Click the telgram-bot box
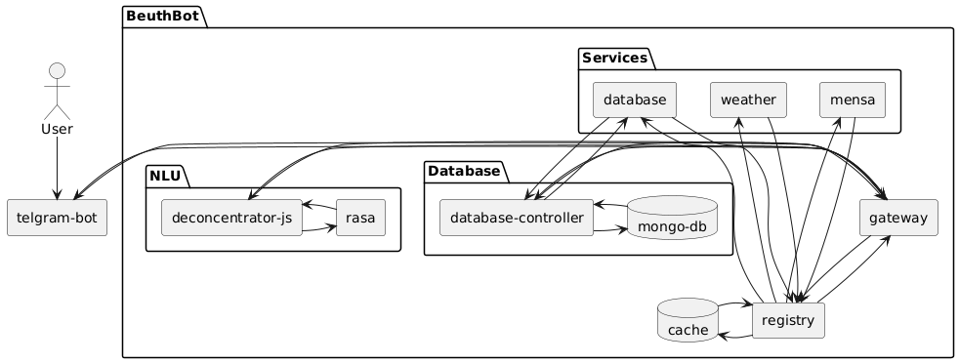[57, 218]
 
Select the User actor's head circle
[57, 71]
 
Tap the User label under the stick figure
[57, 129]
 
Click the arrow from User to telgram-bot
[57, 168]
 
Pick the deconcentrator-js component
[231, 218]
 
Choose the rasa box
[361, 218]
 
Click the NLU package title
[165, 177]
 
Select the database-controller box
[517, 218]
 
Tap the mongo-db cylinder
[672, 219]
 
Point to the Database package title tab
[464, 172]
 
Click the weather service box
[748, 100]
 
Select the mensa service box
[853, 100]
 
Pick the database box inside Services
[635, 100]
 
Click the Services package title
[614, 58]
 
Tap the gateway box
[898, 218]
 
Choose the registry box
[788, 320]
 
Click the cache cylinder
[688, 320]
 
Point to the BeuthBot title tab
[163, 16]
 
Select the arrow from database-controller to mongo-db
[610, 230]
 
